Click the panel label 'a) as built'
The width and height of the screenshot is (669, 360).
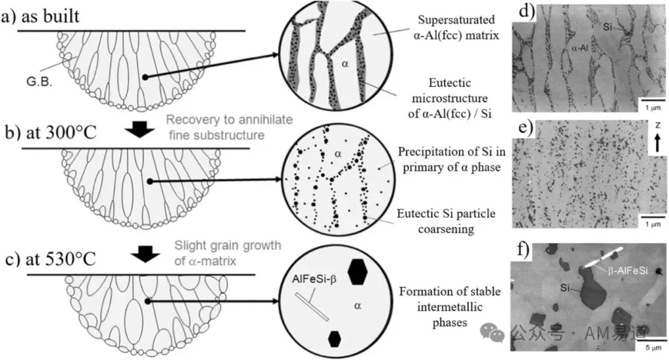click(40, 16)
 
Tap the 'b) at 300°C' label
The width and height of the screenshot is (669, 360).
click(51, 133)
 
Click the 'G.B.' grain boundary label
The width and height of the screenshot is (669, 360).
click(39, 82)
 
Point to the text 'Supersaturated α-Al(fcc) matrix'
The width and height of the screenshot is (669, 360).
click(456, 27)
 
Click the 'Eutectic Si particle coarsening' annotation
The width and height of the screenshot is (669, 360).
click(446, 221)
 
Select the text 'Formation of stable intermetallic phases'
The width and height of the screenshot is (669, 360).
click(450, 307)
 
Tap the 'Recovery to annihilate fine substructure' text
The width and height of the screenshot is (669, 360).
click(229, 127)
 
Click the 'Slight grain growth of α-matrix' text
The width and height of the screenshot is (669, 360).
click(227, 253)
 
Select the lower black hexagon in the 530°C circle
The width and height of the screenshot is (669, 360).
click(334, 339)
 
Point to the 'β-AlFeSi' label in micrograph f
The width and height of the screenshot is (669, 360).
click(627, 271)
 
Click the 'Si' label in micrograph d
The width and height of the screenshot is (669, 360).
click(608, 27)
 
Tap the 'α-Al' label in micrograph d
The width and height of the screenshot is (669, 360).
click(579, 48)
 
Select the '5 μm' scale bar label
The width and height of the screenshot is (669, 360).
click(654, 348)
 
